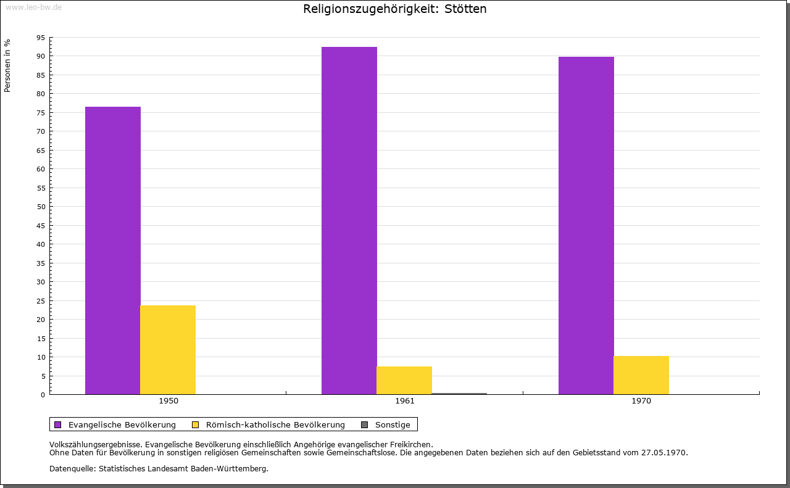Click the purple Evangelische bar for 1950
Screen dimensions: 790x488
113,250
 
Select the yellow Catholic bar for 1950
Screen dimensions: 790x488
168,350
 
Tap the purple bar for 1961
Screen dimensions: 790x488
349,220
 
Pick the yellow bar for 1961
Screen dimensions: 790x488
404,381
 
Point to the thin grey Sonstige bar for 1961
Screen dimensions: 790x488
459,394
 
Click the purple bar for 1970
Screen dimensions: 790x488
586,225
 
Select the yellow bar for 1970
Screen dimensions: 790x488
641,375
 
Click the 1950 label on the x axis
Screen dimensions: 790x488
168,401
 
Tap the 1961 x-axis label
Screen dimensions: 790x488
405,401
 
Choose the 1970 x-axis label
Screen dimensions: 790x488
641,401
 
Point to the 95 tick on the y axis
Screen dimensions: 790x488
41,38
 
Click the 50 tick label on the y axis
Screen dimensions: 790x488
41,207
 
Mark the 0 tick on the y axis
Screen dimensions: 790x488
43,395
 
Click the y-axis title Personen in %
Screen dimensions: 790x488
7,65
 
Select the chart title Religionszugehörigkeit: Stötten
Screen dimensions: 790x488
395,9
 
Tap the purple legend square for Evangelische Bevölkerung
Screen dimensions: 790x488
58,425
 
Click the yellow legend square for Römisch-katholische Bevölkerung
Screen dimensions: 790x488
196,425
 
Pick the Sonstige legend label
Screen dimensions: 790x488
393,425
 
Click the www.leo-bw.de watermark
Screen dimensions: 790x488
34,7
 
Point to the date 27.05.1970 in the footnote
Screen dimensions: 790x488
664,453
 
